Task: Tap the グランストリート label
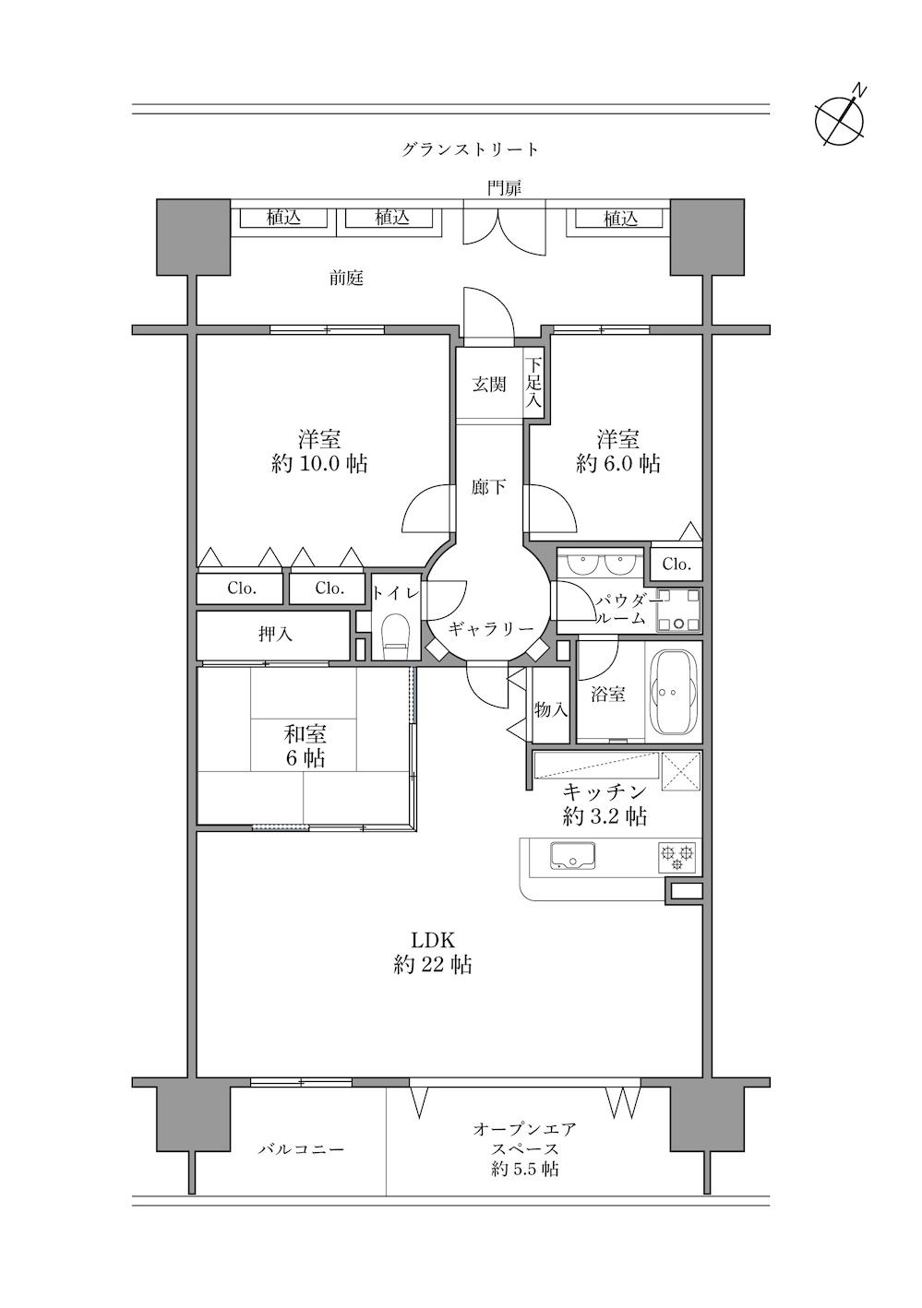point(470,149)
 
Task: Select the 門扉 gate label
point(505,188)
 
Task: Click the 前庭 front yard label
point(347,278)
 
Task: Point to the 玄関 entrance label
point(489,385)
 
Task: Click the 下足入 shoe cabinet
point(533,385)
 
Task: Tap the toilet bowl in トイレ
point(395,635)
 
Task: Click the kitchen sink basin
point(573,857)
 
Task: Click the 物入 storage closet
point(551,710)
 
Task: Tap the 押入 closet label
point(275,635)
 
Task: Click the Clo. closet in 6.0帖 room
point(677,565)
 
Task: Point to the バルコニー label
point(301,1149)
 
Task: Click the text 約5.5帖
point(524,1170)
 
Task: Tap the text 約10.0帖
point(319,463)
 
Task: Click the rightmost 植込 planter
point(620,219)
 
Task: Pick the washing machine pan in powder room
point(679,612)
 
